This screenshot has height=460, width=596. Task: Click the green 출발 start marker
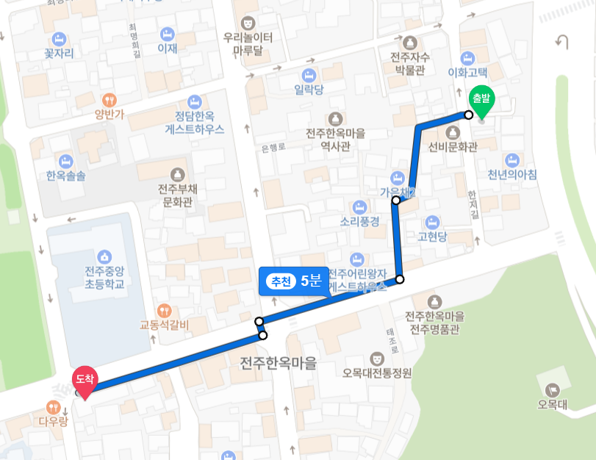point(483,102)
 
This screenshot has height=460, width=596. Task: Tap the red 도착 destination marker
point(85,381)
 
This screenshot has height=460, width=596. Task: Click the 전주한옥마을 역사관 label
point(336,140)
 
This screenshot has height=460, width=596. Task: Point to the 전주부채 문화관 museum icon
point(176,174)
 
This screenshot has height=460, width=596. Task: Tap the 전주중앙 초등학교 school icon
point(104,256)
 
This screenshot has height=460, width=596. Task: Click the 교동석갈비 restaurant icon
point(165,311)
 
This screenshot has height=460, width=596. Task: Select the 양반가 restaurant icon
point(109,100)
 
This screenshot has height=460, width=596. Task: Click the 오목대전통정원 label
point(377,372)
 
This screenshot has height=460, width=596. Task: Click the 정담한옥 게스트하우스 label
point(195,121)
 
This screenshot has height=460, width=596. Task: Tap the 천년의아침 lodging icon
point(512,160)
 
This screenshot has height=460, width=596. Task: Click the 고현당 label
point(432,236)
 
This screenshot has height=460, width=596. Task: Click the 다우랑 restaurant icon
point(53,407)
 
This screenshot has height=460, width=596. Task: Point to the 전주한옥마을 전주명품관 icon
point(434,301)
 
